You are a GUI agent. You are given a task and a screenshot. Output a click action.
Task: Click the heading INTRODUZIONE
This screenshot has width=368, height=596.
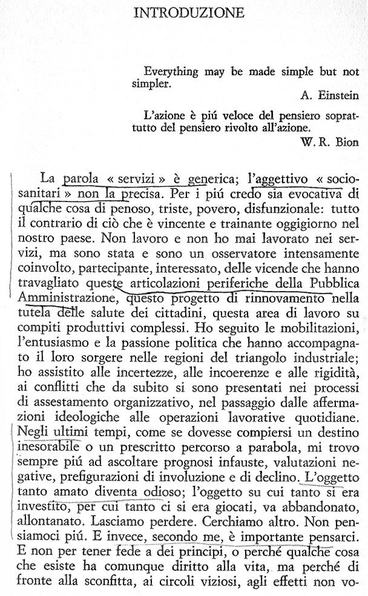[189, 13]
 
